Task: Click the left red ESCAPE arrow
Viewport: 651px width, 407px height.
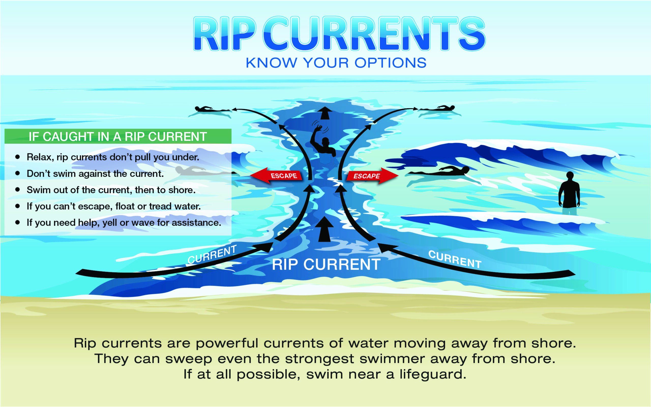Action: (x=276, y=176)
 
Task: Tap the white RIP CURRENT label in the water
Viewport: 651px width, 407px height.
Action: (x=326, y=264)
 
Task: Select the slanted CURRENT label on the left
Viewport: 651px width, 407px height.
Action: (x=212, y=254)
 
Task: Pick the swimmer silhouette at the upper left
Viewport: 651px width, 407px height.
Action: (x=212, y=109)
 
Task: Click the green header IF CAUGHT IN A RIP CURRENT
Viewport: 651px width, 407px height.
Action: (x=118, y=136)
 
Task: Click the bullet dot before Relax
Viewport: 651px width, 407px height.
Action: (x=18, y=157)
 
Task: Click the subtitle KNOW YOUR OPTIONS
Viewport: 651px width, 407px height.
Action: (x=336, y=63)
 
